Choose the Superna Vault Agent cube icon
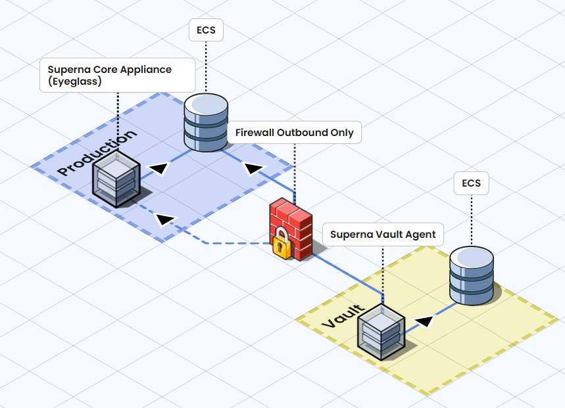[381, 332]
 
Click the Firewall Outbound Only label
[294, 133]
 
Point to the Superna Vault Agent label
[382, 235]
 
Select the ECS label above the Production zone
[206, 30]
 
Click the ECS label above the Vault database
[471, 183]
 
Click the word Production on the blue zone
[97, 152]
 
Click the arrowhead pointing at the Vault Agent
[426, 321]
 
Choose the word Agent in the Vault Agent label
[420, 235]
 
